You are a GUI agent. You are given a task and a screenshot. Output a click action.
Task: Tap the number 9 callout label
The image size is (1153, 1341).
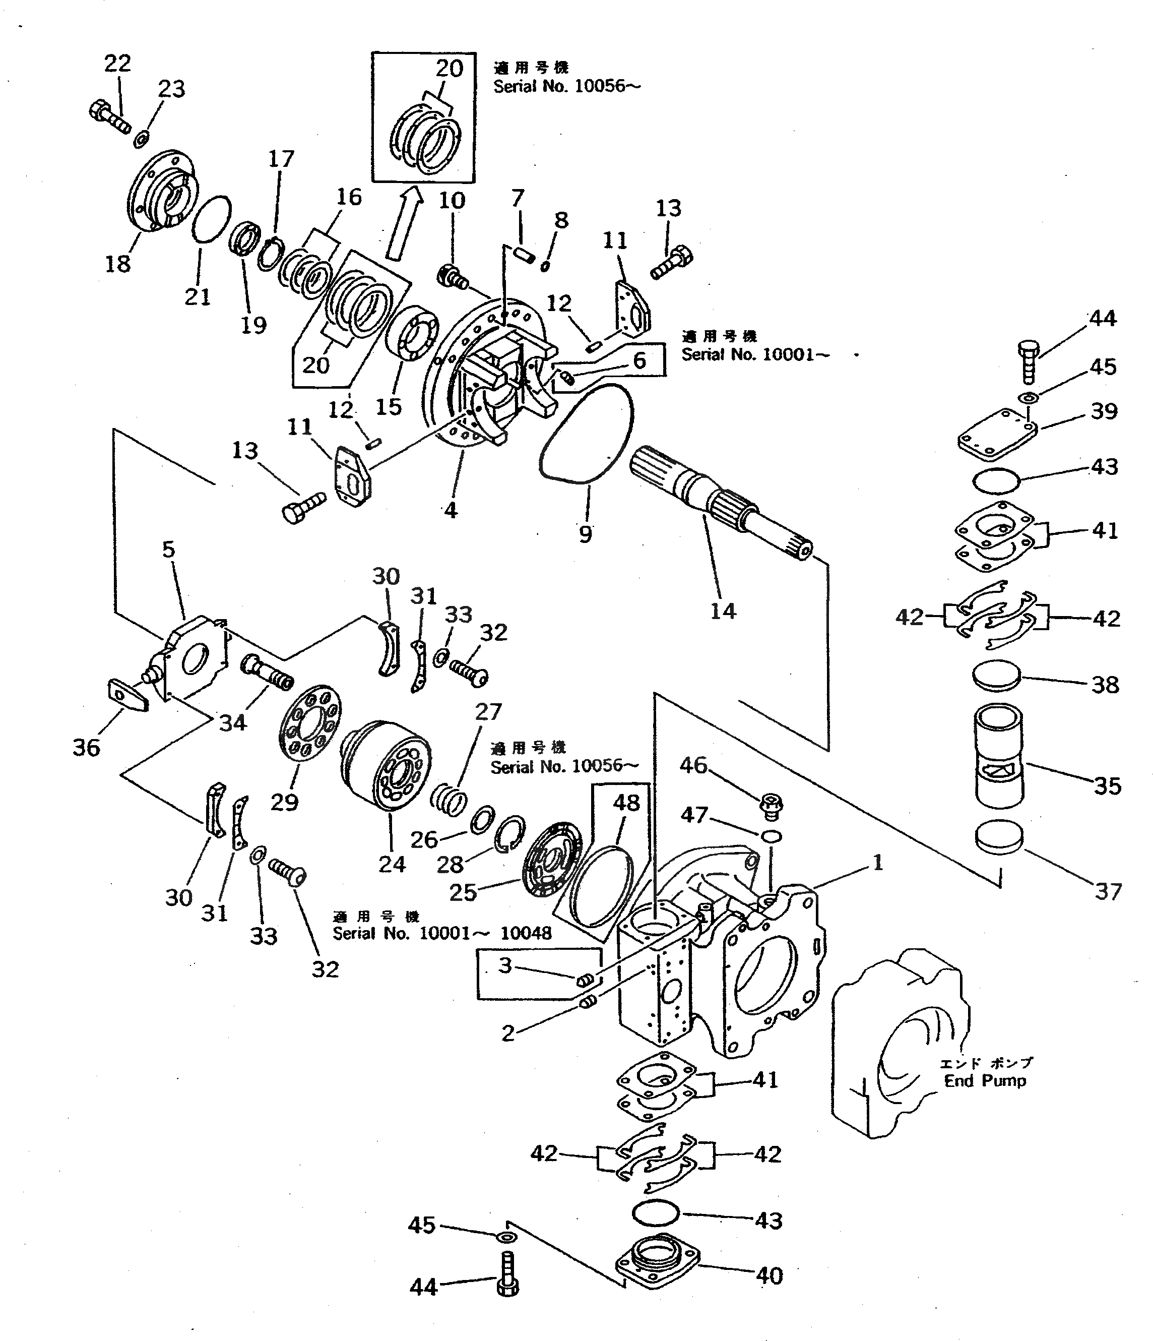tap(585, 534)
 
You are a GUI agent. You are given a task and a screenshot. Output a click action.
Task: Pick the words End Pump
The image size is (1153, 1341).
tap(985, 1080)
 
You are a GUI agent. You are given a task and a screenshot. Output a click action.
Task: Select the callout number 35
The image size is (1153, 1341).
tap(1107, 786)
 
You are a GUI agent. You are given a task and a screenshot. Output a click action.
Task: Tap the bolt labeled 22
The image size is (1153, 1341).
tap(109, 116)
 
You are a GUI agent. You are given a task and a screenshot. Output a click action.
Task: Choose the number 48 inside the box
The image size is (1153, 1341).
tap(626, 803)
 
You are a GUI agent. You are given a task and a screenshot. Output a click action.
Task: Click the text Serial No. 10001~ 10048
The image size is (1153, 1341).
tap(442, 933)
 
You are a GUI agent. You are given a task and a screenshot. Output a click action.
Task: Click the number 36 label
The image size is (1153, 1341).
tap(86, 748)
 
